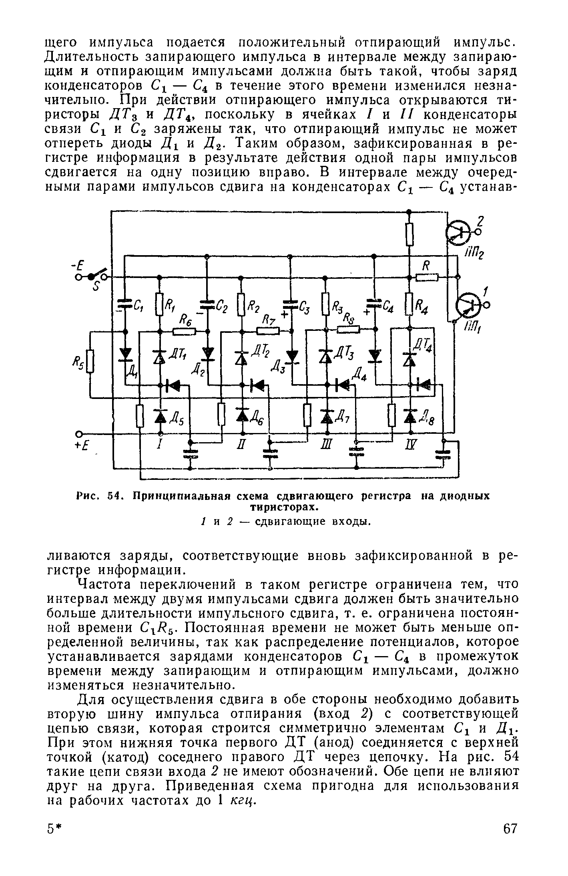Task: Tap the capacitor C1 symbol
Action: (x=124, y=305)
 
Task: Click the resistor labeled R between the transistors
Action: (x=427, y=277)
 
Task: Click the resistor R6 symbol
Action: (x=184, y=332)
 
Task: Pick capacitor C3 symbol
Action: (x=291, y=305)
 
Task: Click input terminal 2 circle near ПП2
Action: (x=477, y=232)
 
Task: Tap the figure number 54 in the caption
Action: (x=114, y=496)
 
